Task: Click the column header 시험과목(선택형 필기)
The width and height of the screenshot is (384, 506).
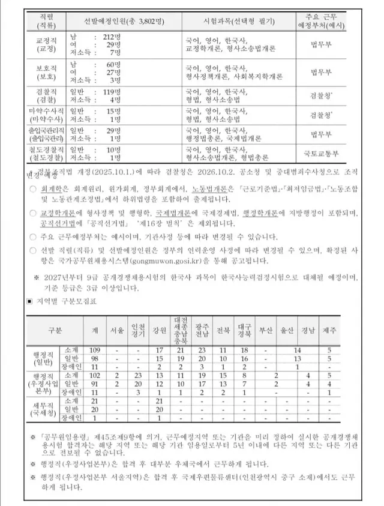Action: click(238, 22)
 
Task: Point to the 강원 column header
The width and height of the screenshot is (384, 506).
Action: click(159, 330)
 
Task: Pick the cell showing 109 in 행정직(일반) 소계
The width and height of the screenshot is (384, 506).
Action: click(94, 349)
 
